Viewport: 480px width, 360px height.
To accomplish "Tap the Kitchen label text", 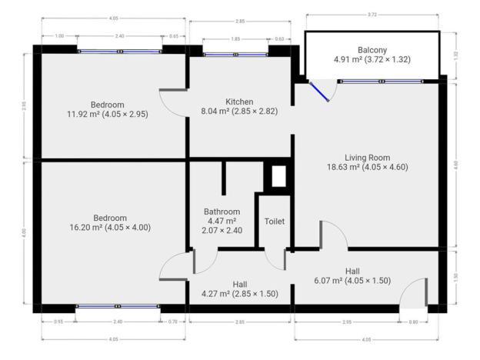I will pos(239,102).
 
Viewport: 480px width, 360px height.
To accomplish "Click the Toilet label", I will pos(275,221).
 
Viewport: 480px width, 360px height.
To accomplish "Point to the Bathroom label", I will pos(222,212).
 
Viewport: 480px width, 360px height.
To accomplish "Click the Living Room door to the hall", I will pos(333,234).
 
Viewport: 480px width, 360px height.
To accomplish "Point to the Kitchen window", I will pos(235,54).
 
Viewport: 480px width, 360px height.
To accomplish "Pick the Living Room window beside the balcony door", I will pos(382,80).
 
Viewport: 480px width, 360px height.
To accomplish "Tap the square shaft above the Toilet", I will pos(278,176).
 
